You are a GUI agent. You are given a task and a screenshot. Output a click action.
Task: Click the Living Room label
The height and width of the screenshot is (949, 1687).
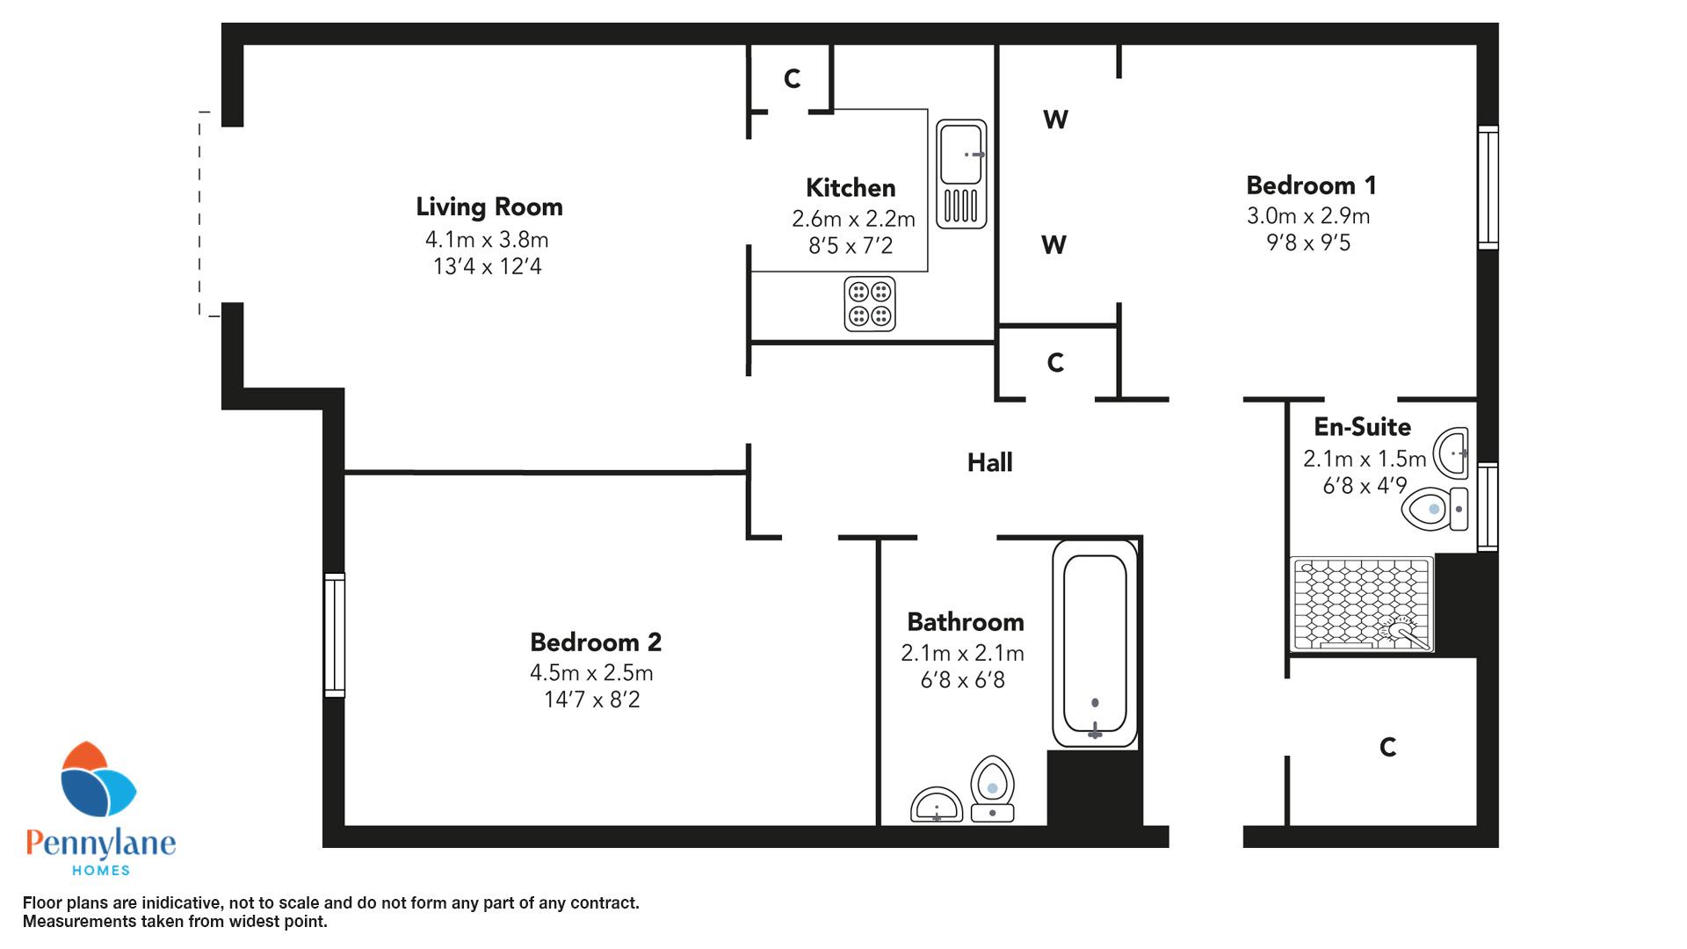(x=489, y=207)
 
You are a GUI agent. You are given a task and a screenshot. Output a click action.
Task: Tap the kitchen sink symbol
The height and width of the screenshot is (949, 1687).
(x=961, y=174)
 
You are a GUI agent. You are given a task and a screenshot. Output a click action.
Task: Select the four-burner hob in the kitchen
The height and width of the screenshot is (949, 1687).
(x=870, y=304)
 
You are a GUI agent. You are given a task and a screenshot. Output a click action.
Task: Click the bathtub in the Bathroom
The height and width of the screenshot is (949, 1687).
(x=1095, y=643)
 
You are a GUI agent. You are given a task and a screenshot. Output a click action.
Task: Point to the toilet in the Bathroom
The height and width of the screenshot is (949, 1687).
(x=993, y=788)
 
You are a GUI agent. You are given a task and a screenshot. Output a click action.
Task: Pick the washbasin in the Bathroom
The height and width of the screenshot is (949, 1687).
(x=938, y=805)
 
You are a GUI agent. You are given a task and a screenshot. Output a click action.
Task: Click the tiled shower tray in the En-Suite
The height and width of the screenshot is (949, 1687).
(x=1361, y=605)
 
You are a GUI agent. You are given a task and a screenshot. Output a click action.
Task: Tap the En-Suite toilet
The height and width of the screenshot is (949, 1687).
(x=1435, y=509)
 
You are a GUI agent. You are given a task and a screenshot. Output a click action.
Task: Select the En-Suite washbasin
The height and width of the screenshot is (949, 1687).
(x=1451, y=453)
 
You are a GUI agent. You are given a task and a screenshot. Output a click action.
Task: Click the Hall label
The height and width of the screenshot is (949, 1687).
(x=989, y=462)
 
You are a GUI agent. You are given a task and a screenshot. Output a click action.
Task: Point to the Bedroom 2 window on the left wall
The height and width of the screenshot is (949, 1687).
(x=334, y=635)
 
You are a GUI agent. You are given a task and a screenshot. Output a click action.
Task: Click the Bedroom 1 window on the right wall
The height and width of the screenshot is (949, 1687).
(x=1488, y=187)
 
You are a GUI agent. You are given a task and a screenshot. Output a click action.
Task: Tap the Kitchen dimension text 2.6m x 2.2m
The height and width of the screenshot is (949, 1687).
(x=853, y=219)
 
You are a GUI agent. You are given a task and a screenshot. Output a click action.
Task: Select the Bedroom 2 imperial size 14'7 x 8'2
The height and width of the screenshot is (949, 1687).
(x=592, y=700)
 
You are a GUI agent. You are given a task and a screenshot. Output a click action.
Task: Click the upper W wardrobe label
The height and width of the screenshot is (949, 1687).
(x=1055, y=120)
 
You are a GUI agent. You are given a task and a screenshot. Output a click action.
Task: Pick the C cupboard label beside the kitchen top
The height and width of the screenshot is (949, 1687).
(x=792, y=79)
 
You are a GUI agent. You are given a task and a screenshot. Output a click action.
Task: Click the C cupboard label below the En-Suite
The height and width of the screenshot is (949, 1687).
(x=1387, y=747)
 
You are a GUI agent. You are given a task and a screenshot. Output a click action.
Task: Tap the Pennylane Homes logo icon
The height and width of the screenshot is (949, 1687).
(x=98, y=779)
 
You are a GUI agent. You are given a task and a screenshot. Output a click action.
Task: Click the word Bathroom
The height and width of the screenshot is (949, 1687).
(x=966, y=622)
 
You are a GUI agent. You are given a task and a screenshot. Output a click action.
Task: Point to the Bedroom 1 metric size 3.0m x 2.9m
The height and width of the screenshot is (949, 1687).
(x=1308, y=216)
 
